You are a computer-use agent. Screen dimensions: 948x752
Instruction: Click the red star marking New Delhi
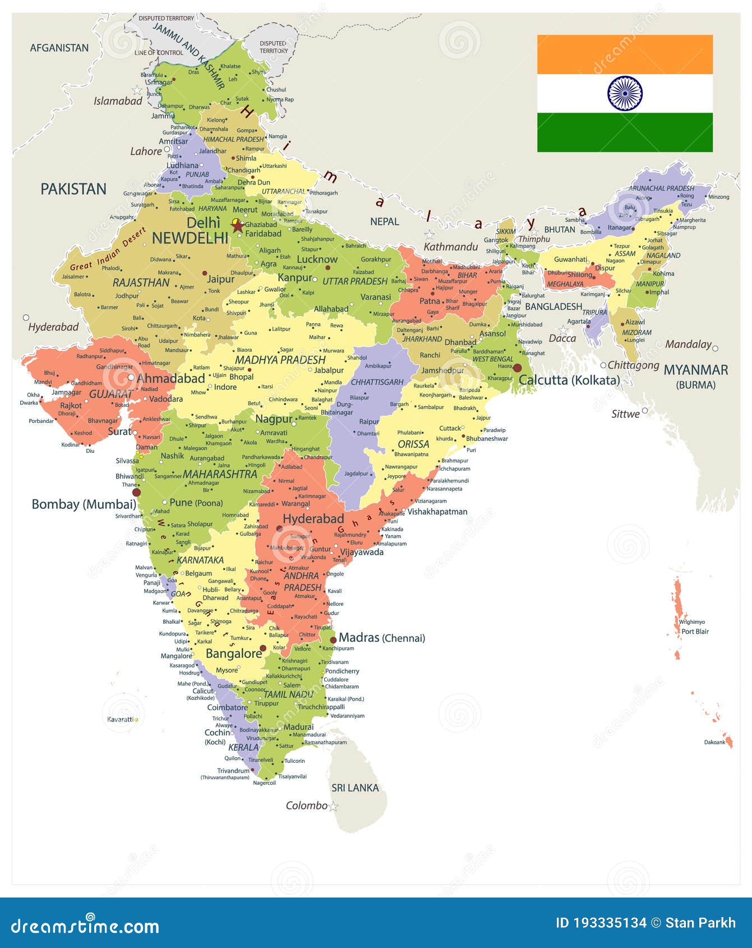click(x=238, y=226)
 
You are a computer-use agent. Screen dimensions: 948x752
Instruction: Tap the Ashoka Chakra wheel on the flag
click(x=625, y=93)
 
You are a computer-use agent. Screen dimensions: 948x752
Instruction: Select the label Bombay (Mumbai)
click(x=84, y=504)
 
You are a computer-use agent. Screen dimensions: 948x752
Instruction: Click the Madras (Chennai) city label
click(x=382, y=638)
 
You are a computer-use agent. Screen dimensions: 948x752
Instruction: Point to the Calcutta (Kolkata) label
click(x=569, y=380)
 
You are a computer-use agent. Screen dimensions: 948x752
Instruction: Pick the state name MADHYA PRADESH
click(x=280, y=360)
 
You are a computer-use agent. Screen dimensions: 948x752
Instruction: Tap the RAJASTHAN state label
click(x=141, y=283)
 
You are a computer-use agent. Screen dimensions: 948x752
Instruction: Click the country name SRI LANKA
click(x=355, y=788)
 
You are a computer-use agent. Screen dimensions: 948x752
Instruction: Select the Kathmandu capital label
click(x=450, y=247)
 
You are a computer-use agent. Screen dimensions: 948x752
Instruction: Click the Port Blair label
click(x=695, y=632)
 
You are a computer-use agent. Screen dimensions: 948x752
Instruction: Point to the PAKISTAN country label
click(x=73, y=189)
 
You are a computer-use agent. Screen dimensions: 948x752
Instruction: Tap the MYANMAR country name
click(x=696, y=370)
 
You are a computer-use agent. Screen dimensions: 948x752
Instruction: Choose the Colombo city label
click(x=306, y=806)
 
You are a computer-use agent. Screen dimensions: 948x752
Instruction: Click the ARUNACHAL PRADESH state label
click(x=661, y=188)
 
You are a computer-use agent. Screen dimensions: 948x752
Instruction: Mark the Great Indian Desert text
click(x=108, y=248)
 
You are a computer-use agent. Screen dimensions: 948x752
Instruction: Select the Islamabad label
click(x=118, y=101)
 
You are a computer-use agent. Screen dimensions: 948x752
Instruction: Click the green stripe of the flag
click(x=625, y=132)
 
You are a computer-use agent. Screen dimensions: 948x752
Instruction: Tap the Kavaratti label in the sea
click(x=120, y=719)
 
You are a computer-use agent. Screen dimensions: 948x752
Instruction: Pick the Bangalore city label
click(x=234, y=654)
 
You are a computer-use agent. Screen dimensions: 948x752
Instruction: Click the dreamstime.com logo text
click(x=85, y=926)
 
